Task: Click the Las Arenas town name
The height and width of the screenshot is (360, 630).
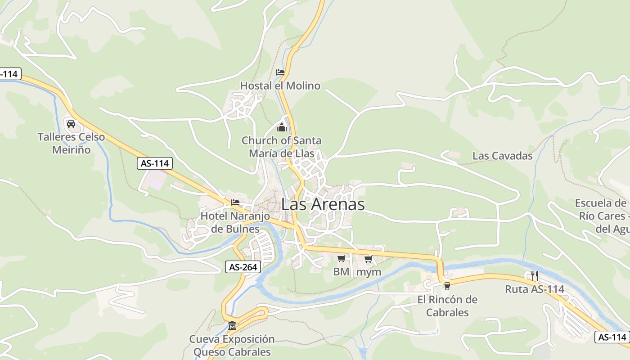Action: point(323,204)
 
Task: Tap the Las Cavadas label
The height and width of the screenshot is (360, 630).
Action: point(502,156)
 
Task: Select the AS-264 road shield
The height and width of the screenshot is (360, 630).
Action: point(243,267)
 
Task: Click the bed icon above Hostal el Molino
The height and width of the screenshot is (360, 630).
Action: point(280,72)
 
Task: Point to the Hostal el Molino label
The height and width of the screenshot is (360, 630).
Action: point(280,85)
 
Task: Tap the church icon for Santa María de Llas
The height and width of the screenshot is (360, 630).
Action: point(282,128)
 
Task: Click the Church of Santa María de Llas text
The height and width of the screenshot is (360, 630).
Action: point(282,147)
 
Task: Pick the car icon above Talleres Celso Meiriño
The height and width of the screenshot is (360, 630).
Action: point(71,124)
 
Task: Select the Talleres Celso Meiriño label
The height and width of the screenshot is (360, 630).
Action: point(71,143)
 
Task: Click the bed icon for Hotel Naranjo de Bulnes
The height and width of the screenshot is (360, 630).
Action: point(235,202)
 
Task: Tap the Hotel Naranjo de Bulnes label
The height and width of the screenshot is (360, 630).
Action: point(235,222)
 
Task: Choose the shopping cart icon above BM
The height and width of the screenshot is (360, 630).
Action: point(341,258)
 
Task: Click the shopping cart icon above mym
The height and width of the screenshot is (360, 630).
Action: point(369,259)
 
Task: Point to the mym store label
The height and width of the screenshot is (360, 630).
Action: point(369,272)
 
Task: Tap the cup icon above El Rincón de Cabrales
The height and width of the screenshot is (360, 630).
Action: point(447,286)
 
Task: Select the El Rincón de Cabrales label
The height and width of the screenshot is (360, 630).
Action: point(447,306)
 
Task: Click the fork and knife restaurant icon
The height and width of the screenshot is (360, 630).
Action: point(535,275)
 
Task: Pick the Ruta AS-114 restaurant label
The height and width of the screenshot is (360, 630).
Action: point(535,289)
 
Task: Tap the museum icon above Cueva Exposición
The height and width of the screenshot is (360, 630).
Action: point(232,325)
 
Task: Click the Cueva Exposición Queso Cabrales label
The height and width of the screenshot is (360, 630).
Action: point(232,345)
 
